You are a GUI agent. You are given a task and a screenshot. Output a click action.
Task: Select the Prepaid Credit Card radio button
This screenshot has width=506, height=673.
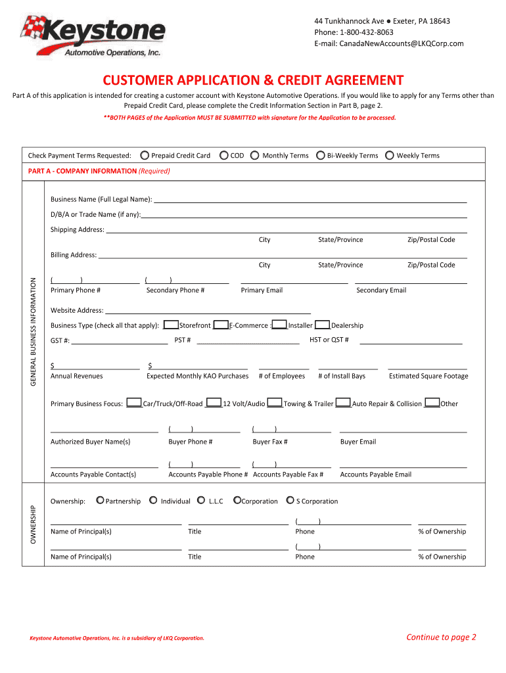click(145, 156)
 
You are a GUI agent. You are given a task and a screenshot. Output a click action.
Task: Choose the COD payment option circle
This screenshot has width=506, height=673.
click(224, 156)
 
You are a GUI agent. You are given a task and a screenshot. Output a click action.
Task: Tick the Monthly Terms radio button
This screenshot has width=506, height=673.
click(255, 156)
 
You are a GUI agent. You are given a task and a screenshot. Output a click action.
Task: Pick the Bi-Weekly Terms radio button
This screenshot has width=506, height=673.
click(320, 156)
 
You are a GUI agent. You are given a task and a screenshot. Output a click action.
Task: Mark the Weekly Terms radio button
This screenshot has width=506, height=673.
click(390, 156)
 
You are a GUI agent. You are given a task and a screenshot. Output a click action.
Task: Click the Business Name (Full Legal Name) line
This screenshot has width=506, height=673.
click(310, 199)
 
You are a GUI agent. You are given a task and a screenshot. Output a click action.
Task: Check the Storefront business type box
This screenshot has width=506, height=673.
click(171, 325)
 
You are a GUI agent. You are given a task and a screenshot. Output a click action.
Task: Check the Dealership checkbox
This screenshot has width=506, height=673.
click(322, 325)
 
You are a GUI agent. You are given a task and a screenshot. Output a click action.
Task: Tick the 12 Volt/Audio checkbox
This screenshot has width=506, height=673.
click(213, 403)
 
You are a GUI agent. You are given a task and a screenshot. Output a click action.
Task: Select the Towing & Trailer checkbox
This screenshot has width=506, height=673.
click(275, 403)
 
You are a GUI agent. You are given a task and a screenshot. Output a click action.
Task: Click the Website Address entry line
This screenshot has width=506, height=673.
click(208, 310)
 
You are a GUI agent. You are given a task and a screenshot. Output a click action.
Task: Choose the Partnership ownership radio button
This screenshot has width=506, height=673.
click(100, 501)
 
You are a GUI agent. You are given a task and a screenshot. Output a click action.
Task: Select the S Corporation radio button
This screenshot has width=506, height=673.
click(290, 501)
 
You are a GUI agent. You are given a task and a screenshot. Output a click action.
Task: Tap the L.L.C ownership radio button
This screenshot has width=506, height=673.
click(202, 501)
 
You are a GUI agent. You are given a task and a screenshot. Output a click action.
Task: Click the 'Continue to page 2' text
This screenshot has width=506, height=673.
click(441, 637)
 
